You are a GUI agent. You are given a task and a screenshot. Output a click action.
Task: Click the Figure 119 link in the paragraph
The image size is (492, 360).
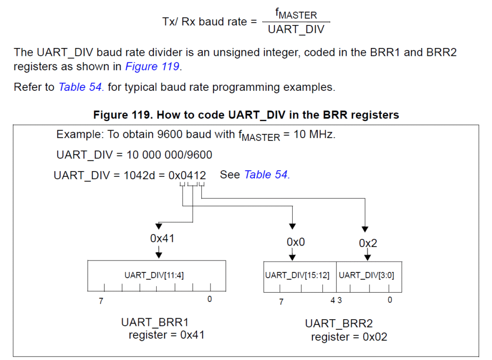pyautogui.click(x=152, y=66)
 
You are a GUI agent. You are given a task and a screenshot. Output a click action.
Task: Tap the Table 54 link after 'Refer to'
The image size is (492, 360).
pyautogui.click(x=81, y=87)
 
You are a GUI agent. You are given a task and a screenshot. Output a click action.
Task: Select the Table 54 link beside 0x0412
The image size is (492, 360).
pyautogui.click(x=267, y=174)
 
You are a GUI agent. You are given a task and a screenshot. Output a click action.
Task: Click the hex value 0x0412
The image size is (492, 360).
pyautogui.click(x=187, y=175)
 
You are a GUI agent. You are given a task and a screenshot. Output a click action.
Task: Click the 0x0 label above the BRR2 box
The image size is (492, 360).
pyautogui.click(x=296, y=242)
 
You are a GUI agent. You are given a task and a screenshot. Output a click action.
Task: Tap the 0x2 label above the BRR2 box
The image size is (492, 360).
pyautogui.click(x=368, y=243)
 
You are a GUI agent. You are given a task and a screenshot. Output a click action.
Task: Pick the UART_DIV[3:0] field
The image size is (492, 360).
pyautogui.click(x=367, y=275)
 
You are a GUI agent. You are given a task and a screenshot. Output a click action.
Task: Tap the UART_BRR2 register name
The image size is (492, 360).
pyautogui.click(x=339, y=323)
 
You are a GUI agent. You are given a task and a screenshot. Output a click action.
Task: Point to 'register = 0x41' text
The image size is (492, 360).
pyautogui.click(x=166, y=335)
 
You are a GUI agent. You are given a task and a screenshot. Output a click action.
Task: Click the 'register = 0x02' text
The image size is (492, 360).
pyautogui.click(x=349, y=337)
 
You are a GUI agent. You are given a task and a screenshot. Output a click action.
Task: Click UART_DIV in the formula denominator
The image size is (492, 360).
pyautogui.click(x=296, y=29)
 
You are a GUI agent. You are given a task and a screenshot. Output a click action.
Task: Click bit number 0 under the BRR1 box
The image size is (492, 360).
pyautogui.click(x=209, y=299)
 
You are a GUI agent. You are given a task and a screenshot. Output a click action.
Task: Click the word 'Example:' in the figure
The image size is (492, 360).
pyautogui.click(x=80, y=135)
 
